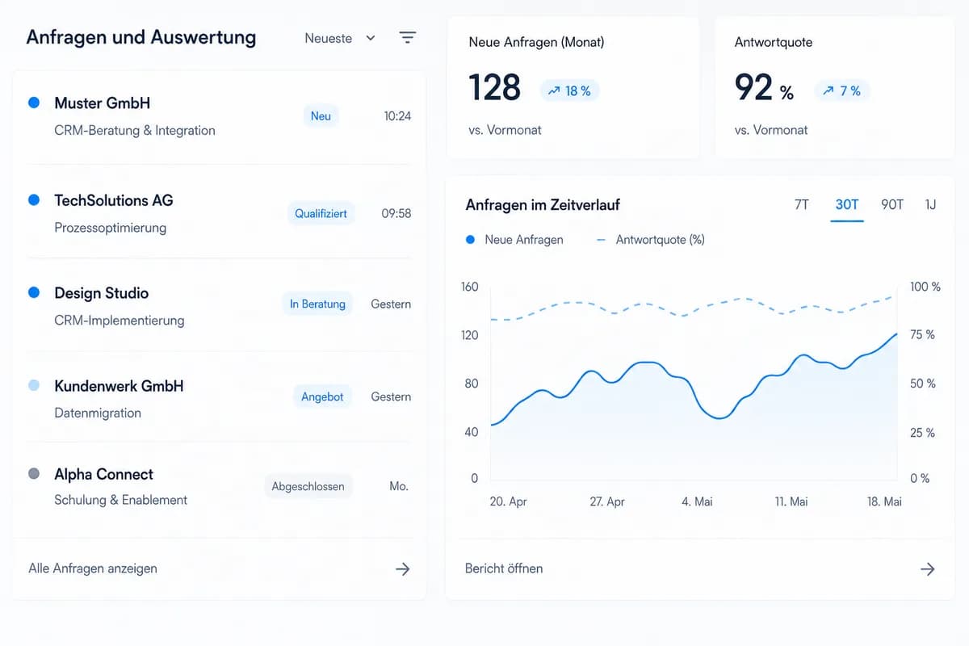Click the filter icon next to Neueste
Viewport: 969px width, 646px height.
pyautogui.click(x=407, y=37)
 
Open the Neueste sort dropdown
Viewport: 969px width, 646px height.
pyautogui.click(x=340, y=38)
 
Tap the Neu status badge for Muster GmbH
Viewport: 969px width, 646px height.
pyautogui.click(x=321, y=116)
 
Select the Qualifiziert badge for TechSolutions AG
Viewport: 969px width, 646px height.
pyautogui.click(x=321, y=213)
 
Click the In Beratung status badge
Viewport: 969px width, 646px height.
pyautogui.click(x=317, y=304)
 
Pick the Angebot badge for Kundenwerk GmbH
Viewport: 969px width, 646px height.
pyautogui.click(x=322, y=396)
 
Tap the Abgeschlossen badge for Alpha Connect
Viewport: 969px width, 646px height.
pyautogui.click(x=308, y=486)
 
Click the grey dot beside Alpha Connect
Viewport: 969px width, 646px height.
pyautogui.click(x=34, y=473)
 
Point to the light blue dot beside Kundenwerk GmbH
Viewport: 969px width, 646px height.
pyautogui.click(x=34, y=385)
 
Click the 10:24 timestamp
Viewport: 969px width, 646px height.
pyautogui.click(x=397, y=116)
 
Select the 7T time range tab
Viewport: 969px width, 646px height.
pyautogui.click(x=802, y=204)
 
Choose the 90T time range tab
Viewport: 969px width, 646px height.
pyautogui.click(x=892, y=204)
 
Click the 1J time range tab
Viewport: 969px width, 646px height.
pyautogui.click(x=930, y=204)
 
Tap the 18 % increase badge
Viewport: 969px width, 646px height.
pyautogui.click(x=569, y=91)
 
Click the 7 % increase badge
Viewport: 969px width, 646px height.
pyautogui.click(x=841, y=91)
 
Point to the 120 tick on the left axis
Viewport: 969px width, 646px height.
pyautogui.click(x=469, y=335)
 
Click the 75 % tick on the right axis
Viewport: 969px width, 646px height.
pyautogui.click(x=922, y=334)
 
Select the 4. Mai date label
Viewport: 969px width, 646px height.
pyautogui.click(x=697, y=501)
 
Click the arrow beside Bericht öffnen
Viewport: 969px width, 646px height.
pyautogui.click(x=928, y=569)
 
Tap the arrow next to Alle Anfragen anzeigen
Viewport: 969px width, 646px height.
pyautogui.click(x=403, y=569)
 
